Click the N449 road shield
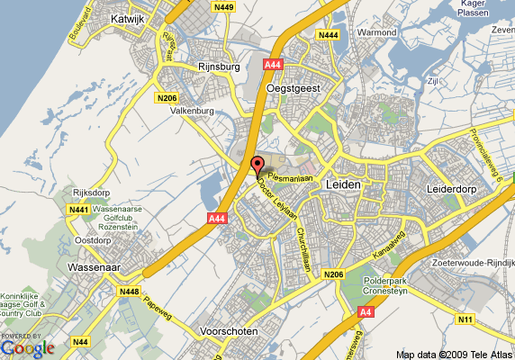tap(224, 8)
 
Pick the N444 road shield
tap(328, 34)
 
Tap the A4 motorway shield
tap(366, 311)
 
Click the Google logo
tap(29, 347)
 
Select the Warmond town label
tap(352, 33)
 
